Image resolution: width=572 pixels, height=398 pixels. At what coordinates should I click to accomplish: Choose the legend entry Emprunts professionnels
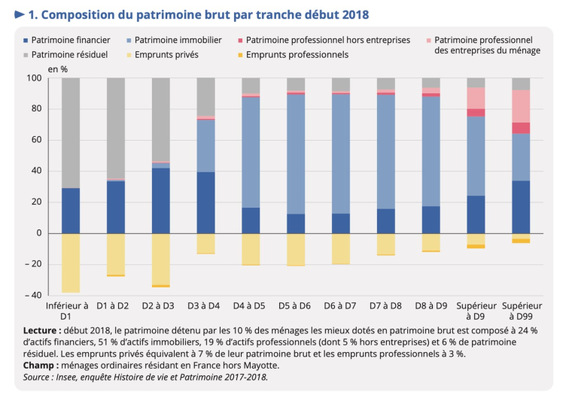[x=297, y=54]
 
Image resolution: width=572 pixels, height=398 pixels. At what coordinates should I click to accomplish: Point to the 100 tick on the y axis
[x=32, y=78]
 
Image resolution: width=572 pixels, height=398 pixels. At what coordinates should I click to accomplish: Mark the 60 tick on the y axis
[x=35, y=140]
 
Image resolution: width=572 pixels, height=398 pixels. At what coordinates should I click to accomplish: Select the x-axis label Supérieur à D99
[x=522, y=311]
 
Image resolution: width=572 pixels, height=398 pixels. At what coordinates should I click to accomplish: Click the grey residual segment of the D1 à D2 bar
[x=116, y=128]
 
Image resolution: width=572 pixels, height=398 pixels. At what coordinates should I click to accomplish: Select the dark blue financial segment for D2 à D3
[x=161, y=200]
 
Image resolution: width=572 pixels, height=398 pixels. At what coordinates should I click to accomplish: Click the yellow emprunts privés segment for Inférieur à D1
[x=71, y=263]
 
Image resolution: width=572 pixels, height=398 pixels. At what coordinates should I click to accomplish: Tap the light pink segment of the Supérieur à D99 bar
[x=522, y=106]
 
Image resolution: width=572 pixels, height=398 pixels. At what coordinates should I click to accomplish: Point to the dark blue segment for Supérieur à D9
[x=476, y=214]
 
